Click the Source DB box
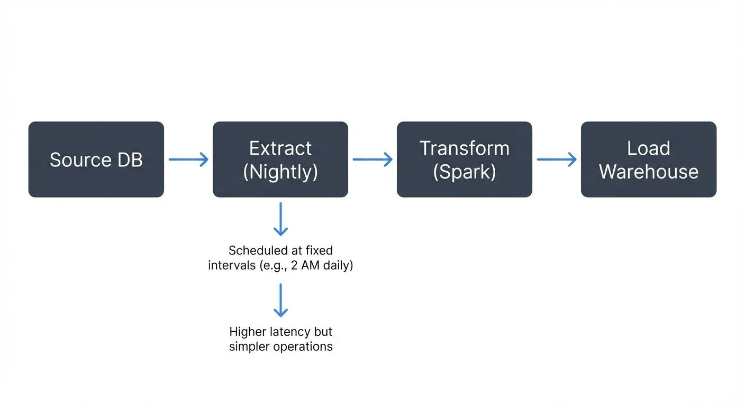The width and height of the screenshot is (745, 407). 96,160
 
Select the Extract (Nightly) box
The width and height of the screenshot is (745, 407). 280,160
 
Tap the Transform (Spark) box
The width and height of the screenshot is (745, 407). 464,160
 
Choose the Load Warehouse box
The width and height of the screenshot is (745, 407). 648,160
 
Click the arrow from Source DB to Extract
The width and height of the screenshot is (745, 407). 188,160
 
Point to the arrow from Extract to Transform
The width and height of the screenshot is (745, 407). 373,160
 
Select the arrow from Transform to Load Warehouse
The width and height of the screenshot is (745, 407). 557,160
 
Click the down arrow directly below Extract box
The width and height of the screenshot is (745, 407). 280,219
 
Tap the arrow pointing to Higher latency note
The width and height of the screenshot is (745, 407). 280,300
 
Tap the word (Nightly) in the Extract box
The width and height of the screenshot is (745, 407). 280,172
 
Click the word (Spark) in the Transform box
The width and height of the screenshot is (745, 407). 464,172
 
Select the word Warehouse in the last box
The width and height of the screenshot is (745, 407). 648,172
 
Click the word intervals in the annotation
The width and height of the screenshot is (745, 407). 231,265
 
